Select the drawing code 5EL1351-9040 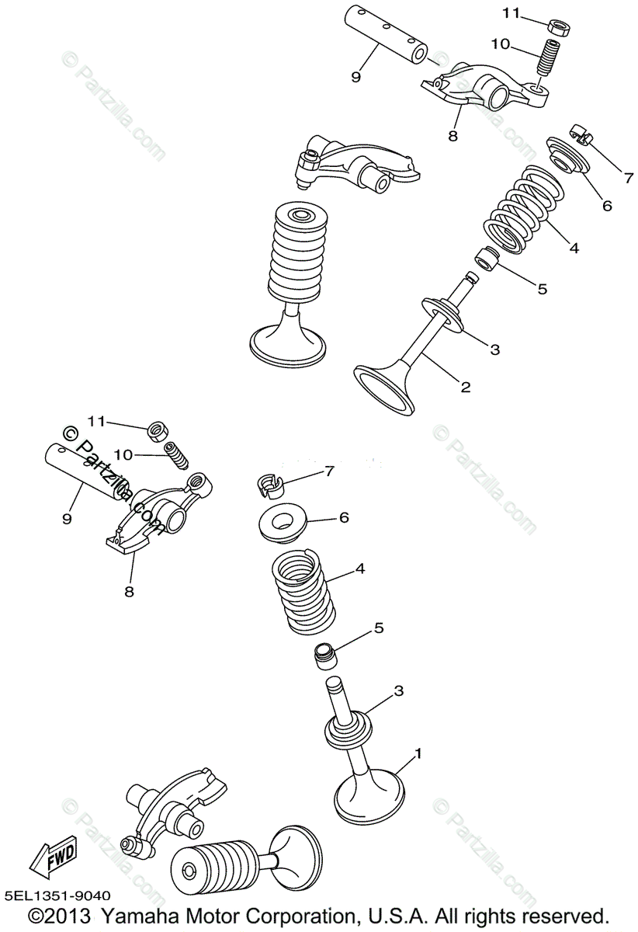tap(57, 896)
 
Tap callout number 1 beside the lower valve tap(418, 753)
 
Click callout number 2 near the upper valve tap(466, 387)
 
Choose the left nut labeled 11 tap(159, 429)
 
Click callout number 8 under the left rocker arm tap(128, 592)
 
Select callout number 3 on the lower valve tap(398, 690)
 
